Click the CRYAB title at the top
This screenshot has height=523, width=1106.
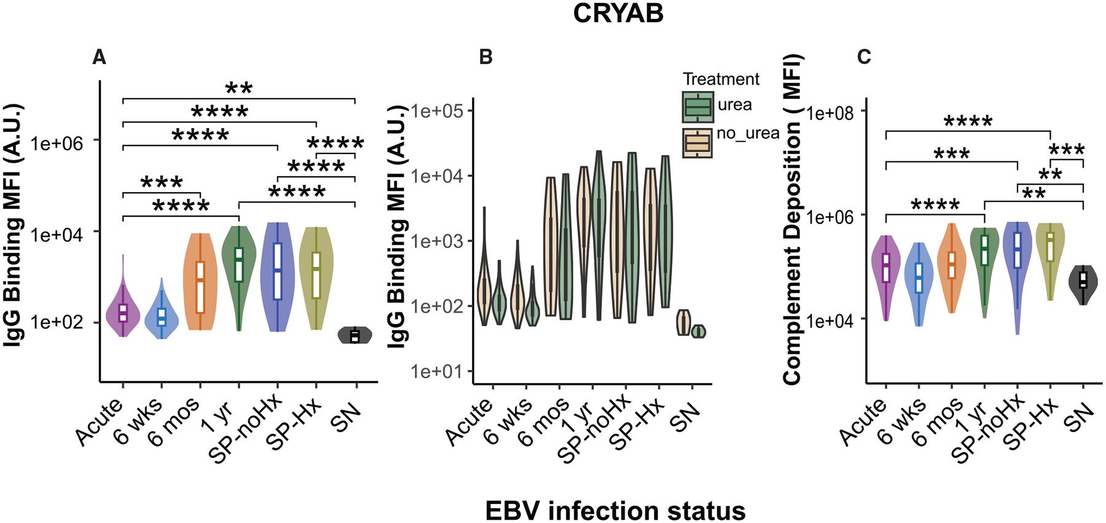point(618,14)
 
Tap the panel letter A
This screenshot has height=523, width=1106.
point(99,58)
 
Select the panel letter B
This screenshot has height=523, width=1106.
point(485,58)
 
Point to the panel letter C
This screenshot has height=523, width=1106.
point(864,58)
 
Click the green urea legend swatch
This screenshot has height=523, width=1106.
point(697,107)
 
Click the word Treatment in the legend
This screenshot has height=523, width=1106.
point(721,79)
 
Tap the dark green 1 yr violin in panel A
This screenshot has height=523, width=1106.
point(239,264)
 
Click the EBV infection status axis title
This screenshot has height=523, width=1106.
point(615,509)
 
